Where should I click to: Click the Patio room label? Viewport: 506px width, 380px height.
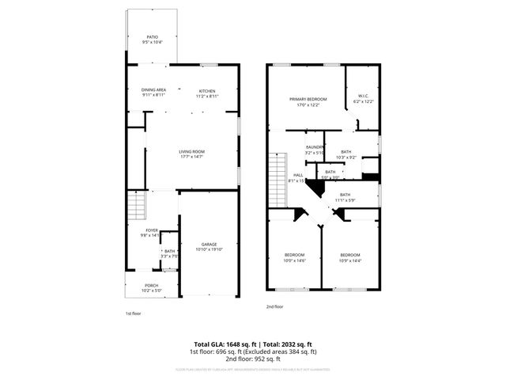pos(152,36)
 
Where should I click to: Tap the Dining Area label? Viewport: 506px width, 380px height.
pos(153,89)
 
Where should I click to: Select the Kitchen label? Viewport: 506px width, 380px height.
pos(207,89)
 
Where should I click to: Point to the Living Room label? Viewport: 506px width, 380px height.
pos(191,152)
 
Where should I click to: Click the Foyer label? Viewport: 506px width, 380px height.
pos(151,230)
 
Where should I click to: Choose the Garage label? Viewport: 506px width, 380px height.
pos(209,244)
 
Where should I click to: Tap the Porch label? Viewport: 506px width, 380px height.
pos(151,286)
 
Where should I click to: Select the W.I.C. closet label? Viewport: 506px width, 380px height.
pos(363,96)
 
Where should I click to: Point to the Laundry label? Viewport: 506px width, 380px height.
pos(315,146)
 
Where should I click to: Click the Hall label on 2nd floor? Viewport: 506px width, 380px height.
pos(298,175)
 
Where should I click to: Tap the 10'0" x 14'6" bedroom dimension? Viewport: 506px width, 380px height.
pos(294,259)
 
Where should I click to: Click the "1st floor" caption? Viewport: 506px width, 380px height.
pos(133,313)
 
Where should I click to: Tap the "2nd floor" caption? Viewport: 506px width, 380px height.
pos(274,306)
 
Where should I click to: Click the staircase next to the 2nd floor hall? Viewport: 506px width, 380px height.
pos(276,177)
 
